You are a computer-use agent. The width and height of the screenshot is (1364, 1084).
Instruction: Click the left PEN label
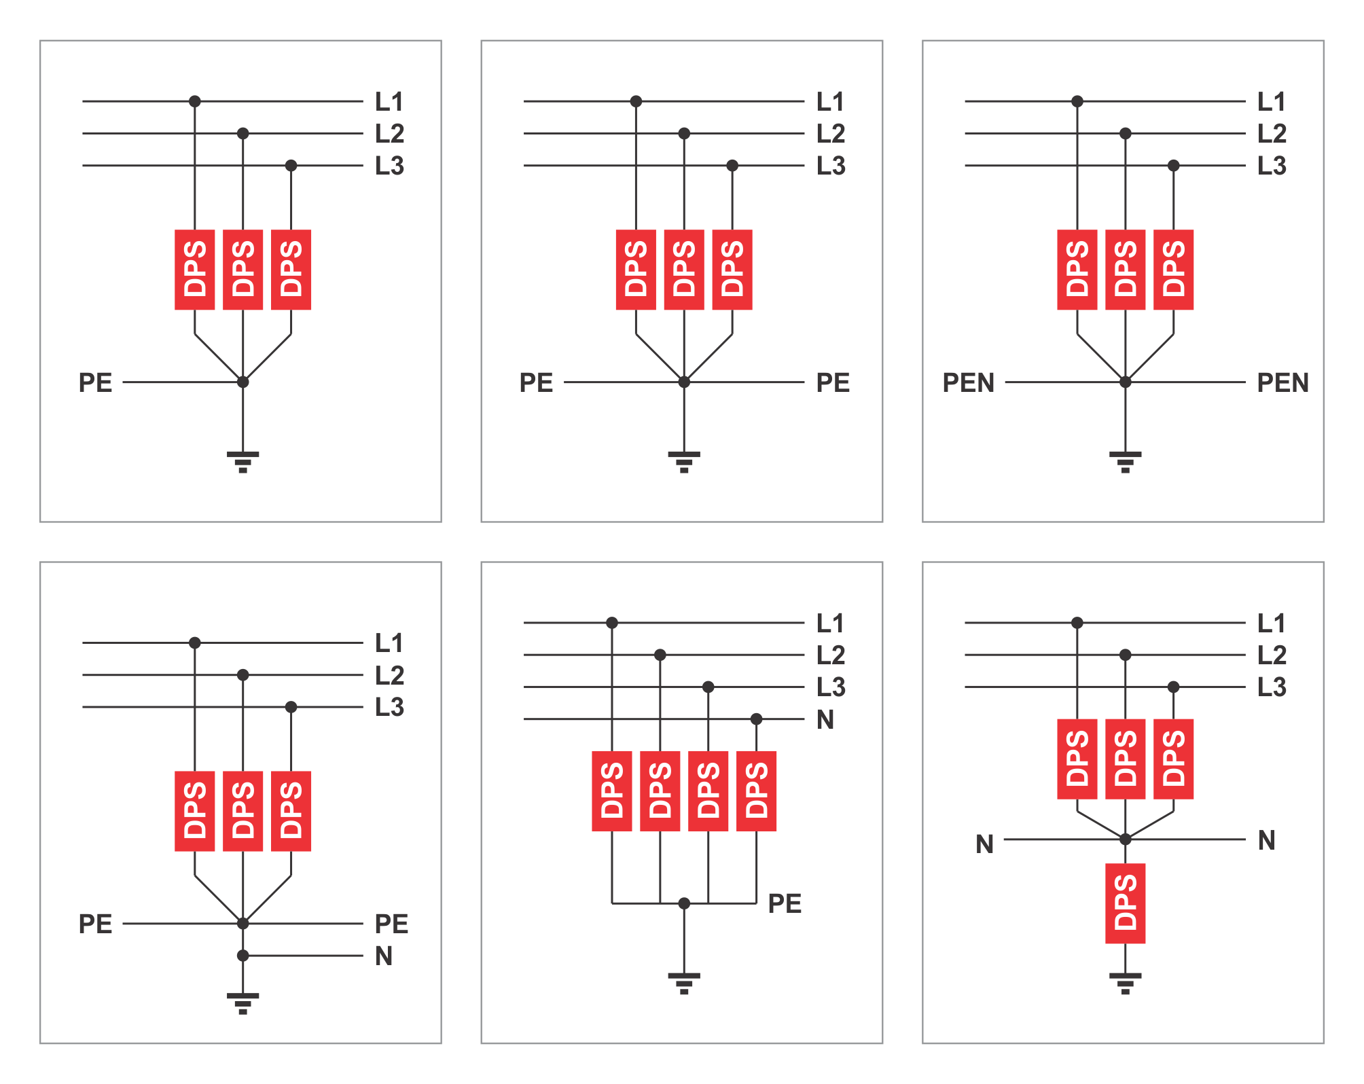968,383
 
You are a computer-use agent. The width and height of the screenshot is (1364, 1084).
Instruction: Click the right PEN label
1282,383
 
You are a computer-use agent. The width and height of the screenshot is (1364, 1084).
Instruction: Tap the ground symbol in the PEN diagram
1125,461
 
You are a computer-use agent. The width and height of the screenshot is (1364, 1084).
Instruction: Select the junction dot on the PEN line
1125,382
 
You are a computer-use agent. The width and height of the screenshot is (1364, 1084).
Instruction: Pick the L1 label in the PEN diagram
1271,102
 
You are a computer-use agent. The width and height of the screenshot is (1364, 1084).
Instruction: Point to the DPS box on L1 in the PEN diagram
1077,270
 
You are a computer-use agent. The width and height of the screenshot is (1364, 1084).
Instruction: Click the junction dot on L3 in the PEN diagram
1173,166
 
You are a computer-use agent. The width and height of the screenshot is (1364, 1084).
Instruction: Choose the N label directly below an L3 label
825,719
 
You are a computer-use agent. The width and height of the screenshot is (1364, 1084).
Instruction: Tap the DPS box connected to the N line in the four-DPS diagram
756,791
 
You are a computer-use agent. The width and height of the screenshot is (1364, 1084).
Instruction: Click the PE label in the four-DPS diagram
785,903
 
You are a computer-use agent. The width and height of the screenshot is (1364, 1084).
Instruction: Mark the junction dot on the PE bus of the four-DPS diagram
684,903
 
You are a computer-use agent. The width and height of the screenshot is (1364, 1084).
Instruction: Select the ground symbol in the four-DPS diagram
684,983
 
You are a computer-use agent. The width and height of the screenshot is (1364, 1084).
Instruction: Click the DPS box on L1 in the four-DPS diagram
611,791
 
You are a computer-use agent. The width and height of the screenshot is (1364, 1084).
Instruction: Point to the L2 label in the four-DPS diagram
830,655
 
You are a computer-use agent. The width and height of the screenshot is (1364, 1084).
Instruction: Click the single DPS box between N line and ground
1125,903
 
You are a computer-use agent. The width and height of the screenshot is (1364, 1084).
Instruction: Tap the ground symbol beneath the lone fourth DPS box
1125,983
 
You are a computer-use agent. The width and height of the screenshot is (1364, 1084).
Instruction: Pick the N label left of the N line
984,844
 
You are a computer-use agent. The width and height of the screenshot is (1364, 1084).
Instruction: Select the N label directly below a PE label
384,956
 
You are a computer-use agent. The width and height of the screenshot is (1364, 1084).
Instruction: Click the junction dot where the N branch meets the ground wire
243,956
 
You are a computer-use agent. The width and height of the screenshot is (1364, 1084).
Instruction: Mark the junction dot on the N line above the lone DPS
1125,839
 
